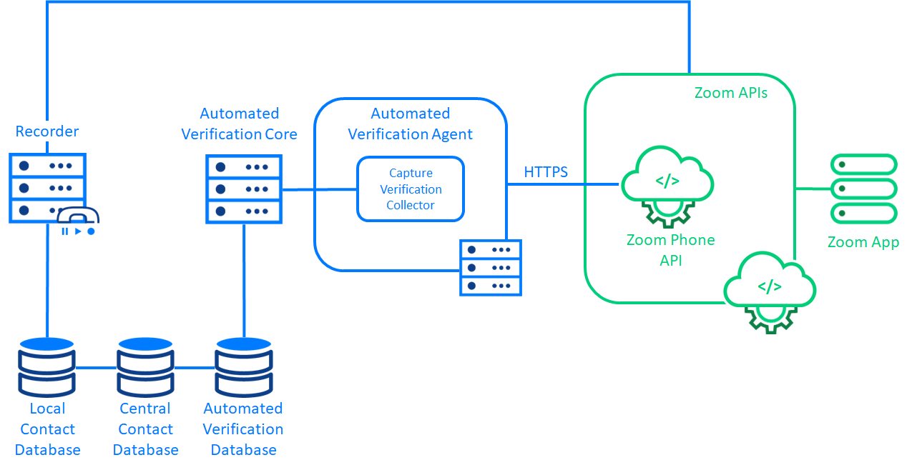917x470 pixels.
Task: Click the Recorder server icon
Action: click(x=47, y=187)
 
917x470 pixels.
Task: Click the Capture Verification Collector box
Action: click(x=411, y=189)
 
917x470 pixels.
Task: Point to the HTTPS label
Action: click(x=546, y=172)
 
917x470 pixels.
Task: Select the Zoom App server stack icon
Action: click(x=863, y=189)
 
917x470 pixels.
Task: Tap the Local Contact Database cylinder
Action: click(x=47, y=367)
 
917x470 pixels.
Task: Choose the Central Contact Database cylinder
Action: click(x=146, y=367)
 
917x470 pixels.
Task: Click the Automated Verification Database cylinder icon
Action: click(x=244, y=367)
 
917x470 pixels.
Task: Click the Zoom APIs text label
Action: click(x=731, y=93)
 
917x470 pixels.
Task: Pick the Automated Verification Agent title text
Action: click(x=410, y=124)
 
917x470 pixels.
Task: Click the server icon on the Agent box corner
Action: click(x=491, y=268)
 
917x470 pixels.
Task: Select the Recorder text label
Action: click(x=47, y=131)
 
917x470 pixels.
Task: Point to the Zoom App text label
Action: click(x=863, y=242)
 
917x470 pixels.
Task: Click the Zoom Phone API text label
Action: click(x=670, y=250)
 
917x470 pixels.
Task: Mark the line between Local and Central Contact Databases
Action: click(x=96, y=368)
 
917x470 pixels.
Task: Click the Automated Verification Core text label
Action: click(x=239, y=124)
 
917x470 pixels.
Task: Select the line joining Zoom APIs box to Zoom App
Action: click(x=813, y=189)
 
